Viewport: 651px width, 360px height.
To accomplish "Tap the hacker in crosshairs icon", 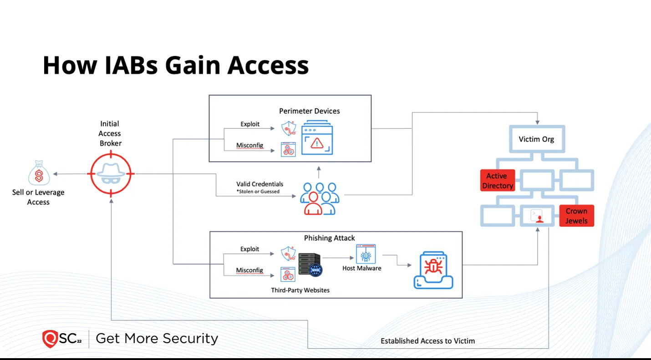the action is [x=111, y=174].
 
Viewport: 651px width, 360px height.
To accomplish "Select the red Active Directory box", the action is [x=498, y=180].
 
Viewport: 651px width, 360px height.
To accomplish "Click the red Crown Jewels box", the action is [x=577, y=216].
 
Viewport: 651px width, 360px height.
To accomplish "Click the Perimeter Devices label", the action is [x=309, y=111].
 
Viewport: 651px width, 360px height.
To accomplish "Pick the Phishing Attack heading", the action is [x=329, y=238].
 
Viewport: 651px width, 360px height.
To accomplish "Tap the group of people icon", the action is [x=320, y=199].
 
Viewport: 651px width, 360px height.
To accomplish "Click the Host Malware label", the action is [x=361, y=268].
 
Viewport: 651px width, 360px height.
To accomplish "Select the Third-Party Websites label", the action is [x=300, y=290].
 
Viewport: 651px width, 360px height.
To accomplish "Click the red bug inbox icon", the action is [x=433, y=270].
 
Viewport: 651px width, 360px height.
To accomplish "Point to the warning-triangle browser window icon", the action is [x=317, y=137].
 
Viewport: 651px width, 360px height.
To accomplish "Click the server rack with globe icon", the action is [x=310, y=264].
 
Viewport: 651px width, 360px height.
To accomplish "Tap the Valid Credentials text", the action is [x=259, y=184].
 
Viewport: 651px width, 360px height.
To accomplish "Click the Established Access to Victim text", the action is [x=428, y=341].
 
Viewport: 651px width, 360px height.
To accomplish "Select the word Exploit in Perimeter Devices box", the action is [x=250, y=124].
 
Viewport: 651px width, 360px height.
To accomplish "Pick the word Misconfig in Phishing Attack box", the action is [x=249, y=270].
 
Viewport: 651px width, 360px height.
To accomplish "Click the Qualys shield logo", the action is [x=50, y=339].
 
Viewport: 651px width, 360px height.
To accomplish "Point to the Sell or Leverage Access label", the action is [x=38, y=197].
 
